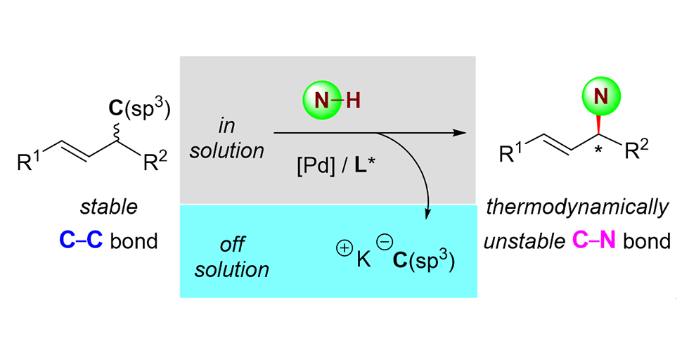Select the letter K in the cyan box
point(363,257)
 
